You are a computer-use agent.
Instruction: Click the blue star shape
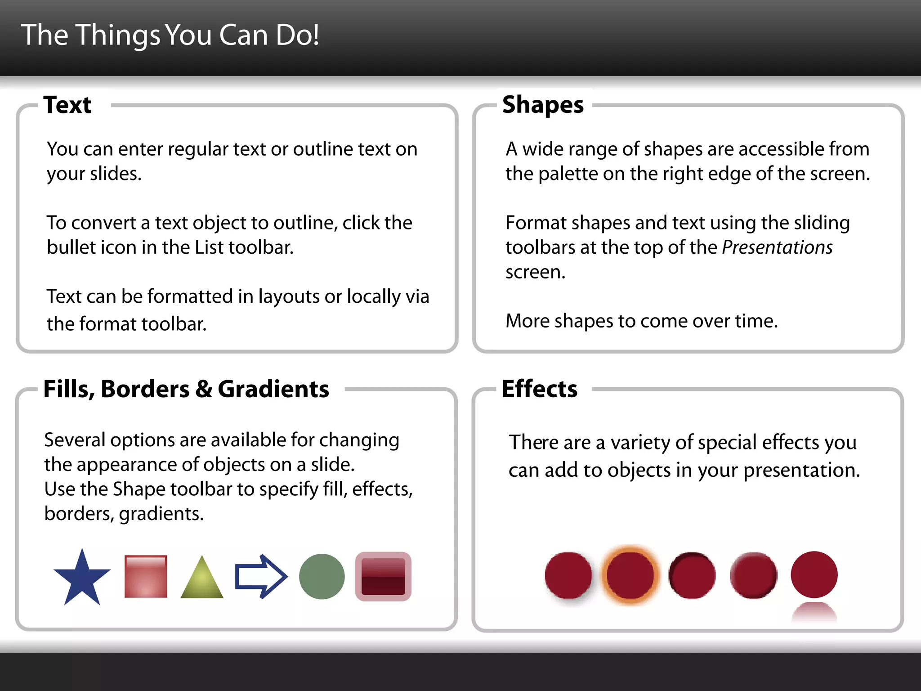tap(82, 579)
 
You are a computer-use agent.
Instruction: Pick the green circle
tap(322, 576)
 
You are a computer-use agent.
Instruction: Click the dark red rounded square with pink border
tap(383, 576)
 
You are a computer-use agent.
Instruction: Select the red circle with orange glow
tap(630, 575)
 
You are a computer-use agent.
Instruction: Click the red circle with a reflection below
tap(814, 575)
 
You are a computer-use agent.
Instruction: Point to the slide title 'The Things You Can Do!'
tap(170, 35)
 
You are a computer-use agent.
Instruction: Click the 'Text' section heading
tap(67, 105)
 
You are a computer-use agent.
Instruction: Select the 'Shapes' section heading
tap(543, 105)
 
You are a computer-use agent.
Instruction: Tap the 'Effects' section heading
tap(539, 389)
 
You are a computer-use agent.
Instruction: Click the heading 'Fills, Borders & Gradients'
tap(186, 389)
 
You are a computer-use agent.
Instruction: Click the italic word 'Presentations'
tap(777, 247)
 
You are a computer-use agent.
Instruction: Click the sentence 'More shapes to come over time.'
tap(641, 321)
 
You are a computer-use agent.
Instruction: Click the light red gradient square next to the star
tap(146, 576)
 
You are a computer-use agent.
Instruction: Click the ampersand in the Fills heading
tap(204, 389)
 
